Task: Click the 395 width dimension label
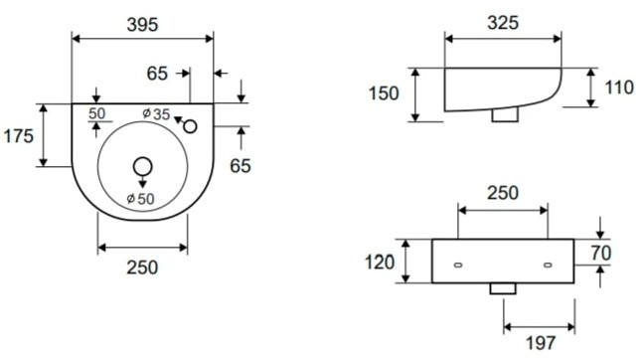142,25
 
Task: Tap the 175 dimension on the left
19,136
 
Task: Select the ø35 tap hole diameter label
156,114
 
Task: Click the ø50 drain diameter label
140,199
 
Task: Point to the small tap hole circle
190,126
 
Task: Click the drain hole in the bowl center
143,167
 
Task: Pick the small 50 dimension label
96,113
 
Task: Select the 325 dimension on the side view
503,23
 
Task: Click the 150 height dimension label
384,93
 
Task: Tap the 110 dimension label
619,88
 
